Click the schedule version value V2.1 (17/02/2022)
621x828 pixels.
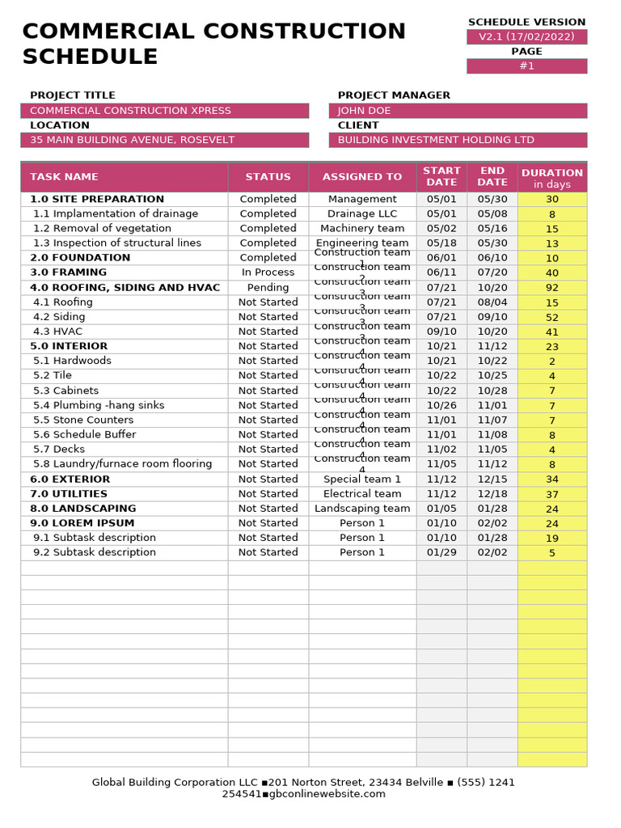click(x=526, y=37)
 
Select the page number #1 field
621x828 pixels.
click(x=526, y=66)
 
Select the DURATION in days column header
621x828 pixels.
click(x=552, y=178)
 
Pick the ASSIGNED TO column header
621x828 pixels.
click(x=362, y=177)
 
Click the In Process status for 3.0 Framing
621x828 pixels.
click(x=268, y=272)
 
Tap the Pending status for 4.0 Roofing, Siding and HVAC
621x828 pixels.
click(x=268, y=287)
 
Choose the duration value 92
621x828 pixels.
click(x=552, y=287)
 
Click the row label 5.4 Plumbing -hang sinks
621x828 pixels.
click(x=99, y=405)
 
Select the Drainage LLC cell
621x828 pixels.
click(x=362, y=213)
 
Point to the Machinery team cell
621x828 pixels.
click(x=362, y=228)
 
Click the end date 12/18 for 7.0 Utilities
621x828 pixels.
click(x=492, y=493)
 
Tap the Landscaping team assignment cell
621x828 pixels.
click(x=362, y=509)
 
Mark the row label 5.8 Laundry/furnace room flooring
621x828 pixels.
click(x=122, y=464)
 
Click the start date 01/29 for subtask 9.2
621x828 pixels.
click(x=441, y=552)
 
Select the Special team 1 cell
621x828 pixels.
click(x=362, y=479)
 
